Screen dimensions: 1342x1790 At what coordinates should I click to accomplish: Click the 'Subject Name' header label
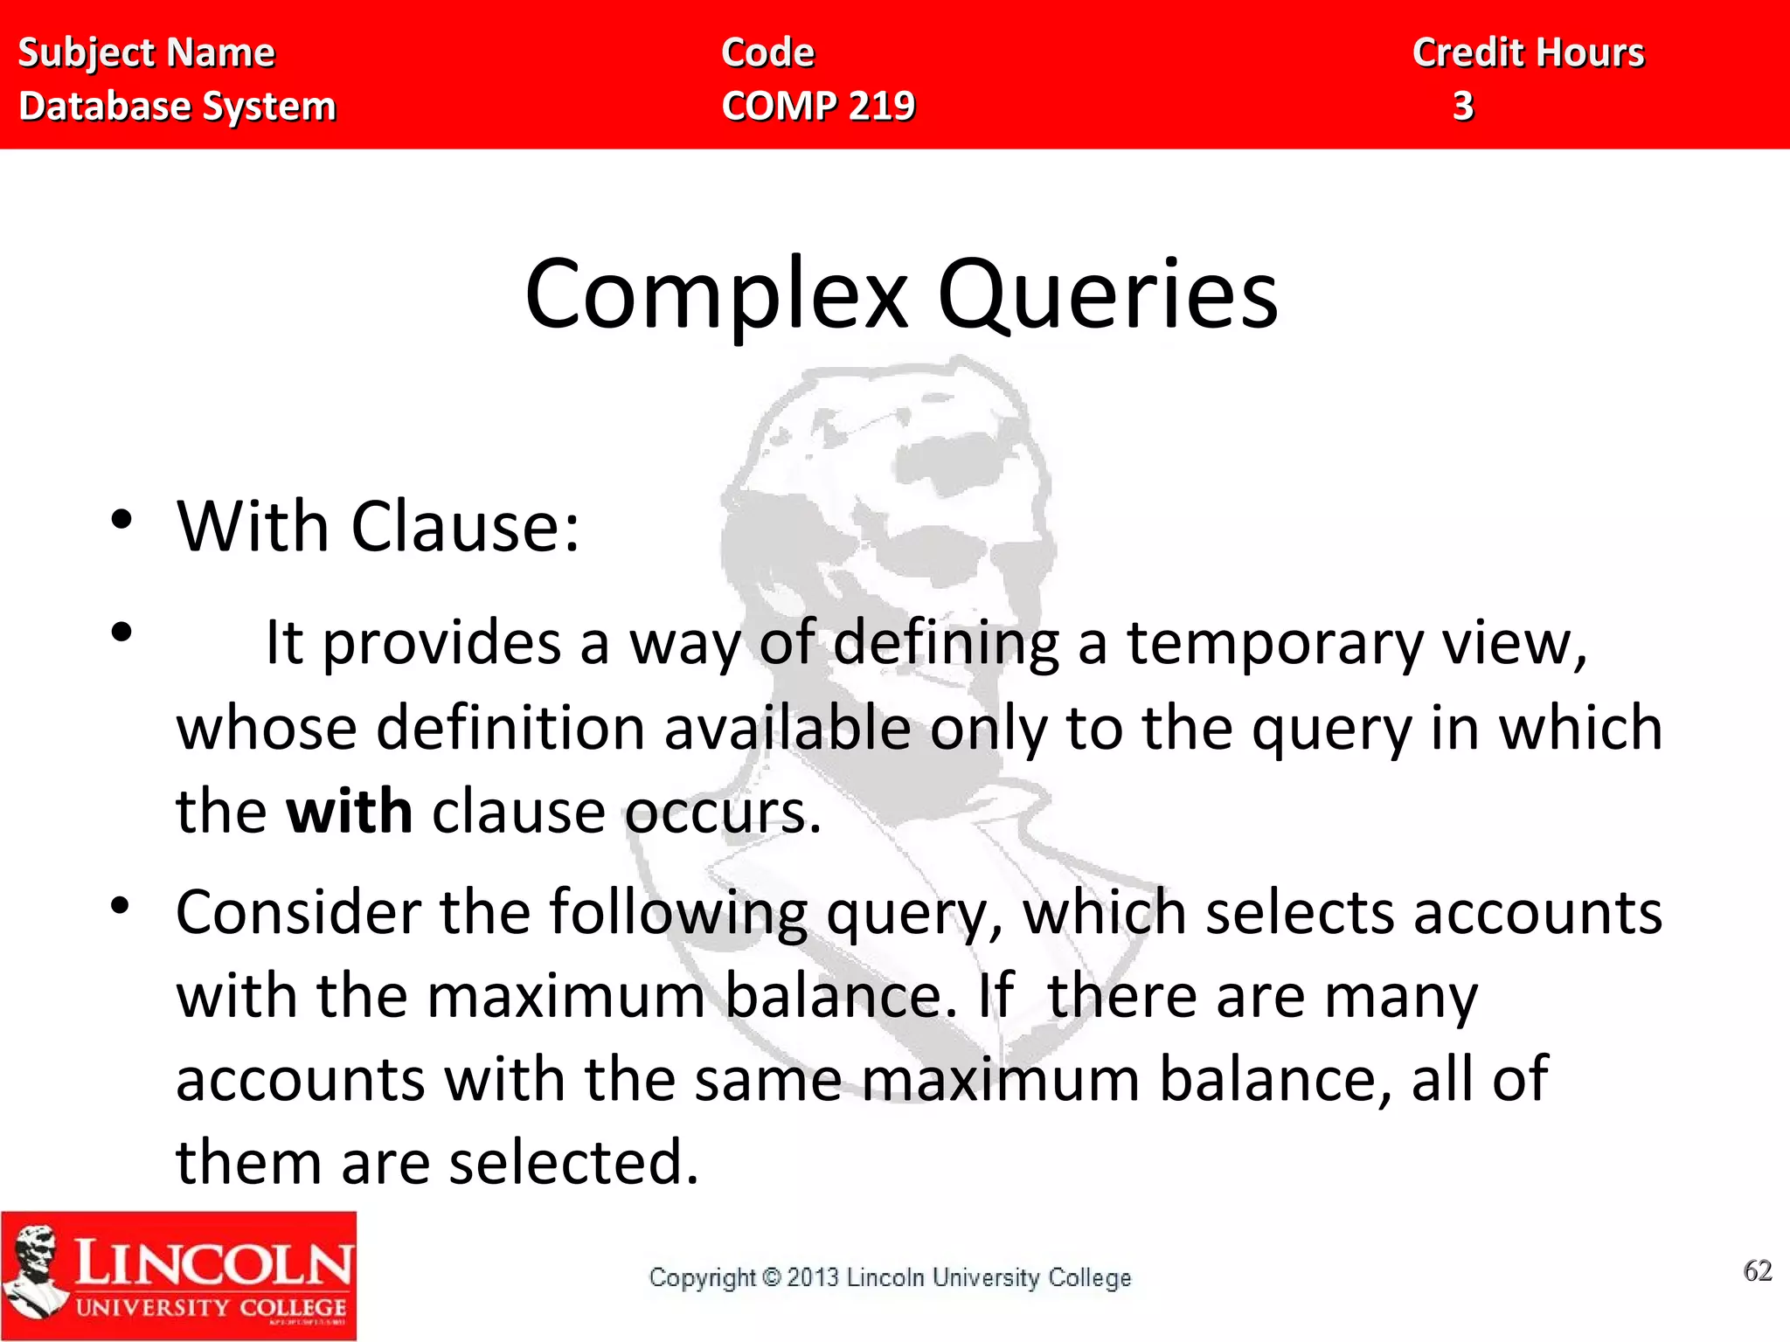[147, 53]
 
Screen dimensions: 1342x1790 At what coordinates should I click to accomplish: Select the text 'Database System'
[177, 107]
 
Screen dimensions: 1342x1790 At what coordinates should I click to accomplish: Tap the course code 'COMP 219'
[818, 107]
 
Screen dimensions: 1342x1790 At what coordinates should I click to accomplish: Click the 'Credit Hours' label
[1529, 53]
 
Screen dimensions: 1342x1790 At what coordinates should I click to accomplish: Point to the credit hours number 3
[1463, 107]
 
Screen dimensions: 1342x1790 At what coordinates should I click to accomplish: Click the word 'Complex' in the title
[717, 295]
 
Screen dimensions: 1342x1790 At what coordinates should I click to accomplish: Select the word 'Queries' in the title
[1107, 295]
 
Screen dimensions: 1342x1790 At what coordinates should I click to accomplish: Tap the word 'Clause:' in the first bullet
[465, 528]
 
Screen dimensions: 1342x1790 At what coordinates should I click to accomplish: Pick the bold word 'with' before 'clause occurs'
[350, 812]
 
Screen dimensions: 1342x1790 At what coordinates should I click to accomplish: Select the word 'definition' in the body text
[510, 728]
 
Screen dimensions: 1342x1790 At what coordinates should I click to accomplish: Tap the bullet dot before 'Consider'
[121, 906]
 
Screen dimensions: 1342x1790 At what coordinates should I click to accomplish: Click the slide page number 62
[1757, 1270]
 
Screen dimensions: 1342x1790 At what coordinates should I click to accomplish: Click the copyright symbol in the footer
[771, 1278]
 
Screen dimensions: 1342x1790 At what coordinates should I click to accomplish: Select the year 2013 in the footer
[813, 1278]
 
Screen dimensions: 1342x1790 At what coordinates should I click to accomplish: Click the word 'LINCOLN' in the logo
[213, 1263]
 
